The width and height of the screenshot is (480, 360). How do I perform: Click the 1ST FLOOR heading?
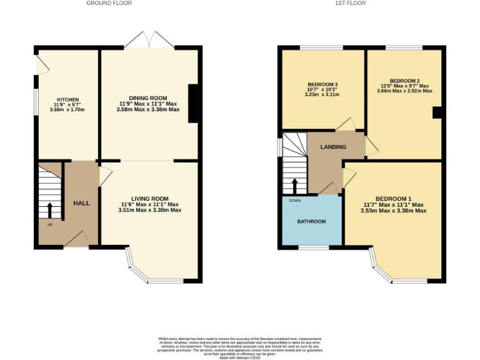tap(350, 3)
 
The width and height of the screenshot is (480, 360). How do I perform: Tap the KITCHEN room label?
tap(67, 99)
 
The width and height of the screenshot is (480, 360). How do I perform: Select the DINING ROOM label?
tap(148, 98)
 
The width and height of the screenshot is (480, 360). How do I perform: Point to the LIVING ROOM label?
tap(150, 199)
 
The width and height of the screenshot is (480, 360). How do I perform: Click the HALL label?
tap(82, 204)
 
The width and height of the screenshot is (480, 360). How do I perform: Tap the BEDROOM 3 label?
tap(322, 84)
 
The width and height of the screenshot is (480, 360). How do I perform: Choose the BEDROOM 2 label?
tap(404, 81)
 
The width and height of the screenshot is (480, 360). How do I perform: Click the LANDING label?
tap(333, 147)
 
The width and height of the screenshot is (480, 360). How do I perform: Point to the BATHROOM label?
tap(311, 222)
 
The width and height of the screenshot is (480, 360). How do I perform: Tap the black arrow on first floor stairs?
tap(294, 186)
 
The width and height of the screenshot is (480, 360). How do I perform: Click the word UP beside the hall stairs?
tap(49, 224)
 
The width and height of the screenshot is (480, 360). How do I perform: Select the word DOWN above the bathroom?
tap(294, 201)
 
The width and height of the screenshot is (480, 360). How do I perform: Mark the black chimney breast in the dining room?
tap(193, 102)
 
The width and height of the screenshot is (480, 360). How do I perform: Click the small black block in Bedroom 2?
tap(437, 112)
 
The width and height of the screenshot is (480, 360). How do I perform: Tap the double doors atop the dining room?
tap(149, 41)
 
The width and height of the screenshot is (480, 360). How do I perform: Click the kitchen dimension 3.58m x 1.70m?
tap(67, 110)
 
